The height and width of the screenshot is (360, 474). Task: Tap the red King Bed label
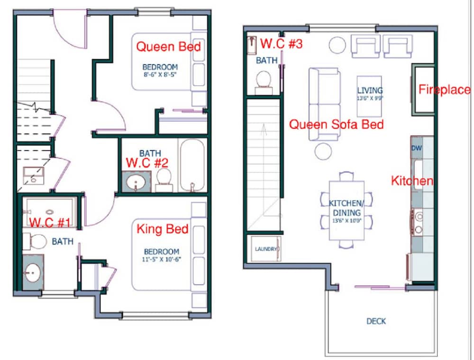click(163, 230)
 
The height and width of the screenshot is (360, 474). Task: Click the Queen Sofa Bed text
click(336, 125)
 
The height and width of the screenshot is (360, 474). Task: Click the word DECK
click(376, 321)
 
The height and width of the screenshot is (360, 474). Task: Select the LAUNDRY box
click(265, 249)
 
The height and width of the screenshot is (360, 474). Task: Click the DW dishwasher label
click(417, 148)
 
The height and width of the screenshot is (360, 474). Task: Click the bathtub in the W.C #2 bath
click(192, 165)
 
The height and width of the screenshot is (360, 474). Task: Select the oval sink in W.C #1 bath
click(33, 273)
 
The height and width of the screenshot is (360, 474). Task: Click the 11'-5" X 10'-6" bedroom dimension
click(162, 260)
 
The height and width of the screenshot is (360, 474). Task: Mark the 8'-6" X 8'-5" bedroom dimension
click(160, 75)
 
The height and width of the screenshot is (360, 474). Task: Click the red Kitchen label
click(411, 180)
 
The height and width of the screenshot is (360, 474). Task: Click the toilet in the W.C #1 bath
click(36, 242)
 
